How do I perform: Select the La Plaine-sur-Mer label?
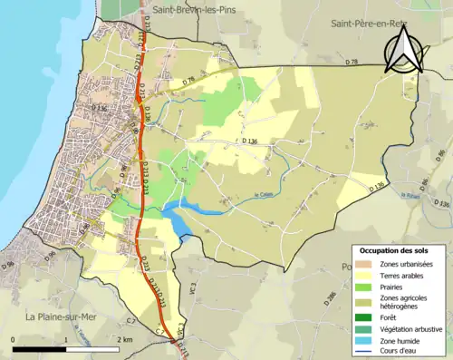point(63,316)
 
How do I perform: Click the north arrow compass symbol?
point(402,50)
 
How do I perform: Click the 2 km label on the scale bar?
point(124,339)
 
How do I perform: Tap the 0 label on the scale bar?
point(14,339)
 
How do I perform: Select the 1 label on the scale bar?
point(65,339)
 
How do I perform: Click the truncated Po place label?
point(345,267)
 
